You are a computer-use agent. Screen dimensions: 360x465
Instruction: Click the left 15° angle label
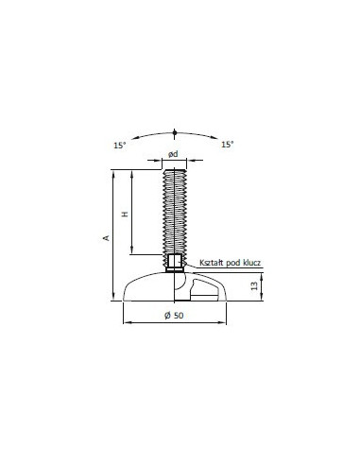point(120,146)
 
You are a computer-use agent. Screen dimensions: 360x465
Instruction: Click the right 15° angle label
point(228,145)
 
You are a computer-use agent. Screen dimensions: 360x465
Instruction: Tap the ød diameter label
point(173,154)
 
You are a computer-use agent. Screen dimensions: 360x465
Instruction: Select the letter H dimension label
point(126,215)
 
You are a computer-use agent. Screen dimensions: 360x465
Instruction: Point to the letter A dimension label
point(107,238)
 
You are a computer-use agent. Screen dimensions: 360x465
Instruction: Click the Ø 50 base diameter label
point(174,316)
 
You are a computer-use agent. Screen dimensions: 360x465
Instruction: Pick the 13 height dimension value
point(254,285)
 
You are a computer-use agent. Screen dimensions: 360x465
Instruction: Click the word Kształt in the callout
point(212,263)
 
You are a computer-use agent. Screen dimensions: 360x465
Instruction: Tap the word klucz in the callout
point(251,263)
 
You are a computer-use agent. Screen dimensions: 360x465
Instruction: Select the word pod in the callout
point(232,263)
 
